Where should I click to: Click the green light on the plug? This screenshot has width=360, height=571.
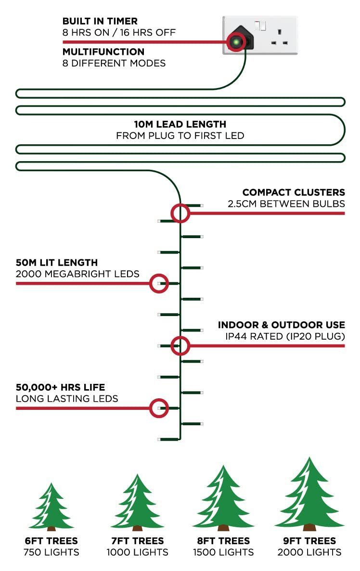(x=236, y=42)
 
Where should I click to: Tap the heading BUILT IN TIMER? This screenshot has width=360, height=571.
(x=100, y=21)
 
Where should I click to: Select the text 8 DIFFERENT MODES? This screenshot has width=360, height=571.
(x=114, y=63)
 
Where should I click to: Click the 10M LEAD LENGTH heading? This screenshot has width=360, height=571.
(x=180, y=124)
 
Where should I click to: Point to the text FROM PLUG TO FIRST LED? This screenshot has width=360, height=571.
(x=180, y=136)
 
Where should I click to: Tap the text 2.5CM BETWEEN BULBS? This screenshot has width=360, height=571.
(x=286, y=204)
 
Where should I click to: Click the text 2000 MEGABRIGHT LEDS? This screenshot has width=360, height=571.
(x=77, y=274)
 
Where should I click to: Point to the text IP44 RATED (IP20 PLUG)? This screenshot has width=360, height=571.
(x=285, y=336)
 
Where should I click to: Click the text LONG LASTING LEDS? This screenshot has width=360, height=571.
(x=67, y=399)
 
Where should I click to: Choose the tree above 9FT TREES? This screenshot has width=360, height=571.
(x=309, y=494)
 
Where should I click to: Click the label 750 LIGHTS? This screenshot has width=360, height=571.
(x=51, y=552)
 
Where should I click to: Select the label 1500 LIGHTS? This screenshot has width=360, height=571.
(x=223, y=552)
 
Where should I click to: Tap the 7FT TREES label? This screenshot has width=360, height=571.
(x=137, y=541)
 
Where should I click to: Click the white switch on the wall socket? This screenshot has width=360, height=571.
(x=260, y=25)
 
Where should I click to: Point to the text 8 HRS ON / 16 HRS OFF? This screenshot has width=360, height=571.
(x=119, y=32)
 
